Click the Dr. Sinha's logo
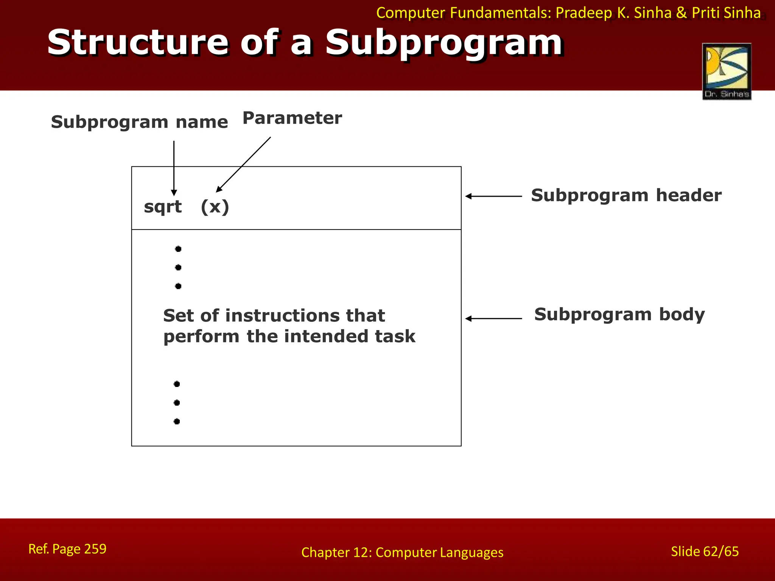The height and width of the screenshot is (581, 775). pos(727,71)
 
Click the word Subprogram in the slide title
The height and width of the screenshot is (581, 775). pos(444,43)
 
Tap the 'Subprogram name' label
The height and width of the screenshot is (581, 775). pos(139,122)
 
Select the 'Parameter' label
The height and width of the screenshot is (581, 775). pos(292,118)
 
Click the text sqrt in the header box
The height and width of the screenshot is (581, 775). pos(163,207)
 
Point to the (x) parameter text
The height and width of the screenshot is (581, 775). pos(215,207)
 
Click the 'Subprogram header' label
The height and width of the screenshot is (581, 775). pos(626,196)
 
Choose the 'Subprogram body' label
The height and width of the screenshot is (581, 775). pos(619,314)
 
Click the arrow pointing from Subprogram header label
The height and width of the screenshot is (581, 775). pos(493,196)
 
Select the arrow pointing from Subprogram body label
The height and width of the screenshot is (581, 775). pos(493,318)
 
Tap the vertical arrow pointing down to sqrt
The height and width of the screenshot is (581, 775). pos(174,168)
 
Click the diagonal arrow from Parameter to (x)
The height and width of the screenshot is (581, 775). pos(243,165)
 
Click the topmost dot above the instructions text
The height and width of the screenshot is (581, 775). pos(178,249)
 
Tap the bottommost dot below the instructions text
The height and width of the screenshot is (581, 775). pos(177,421)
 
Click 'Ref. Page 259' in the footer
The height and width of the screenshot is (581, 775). pos(67,549)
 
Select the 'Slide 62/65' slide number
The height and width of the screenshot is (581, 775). pos(705,551)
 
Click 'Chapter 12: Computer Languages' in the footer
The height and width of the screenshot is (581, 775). pos(402,553)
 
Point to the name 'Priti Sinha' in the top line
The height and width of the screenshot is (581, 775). pos(726,13)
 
